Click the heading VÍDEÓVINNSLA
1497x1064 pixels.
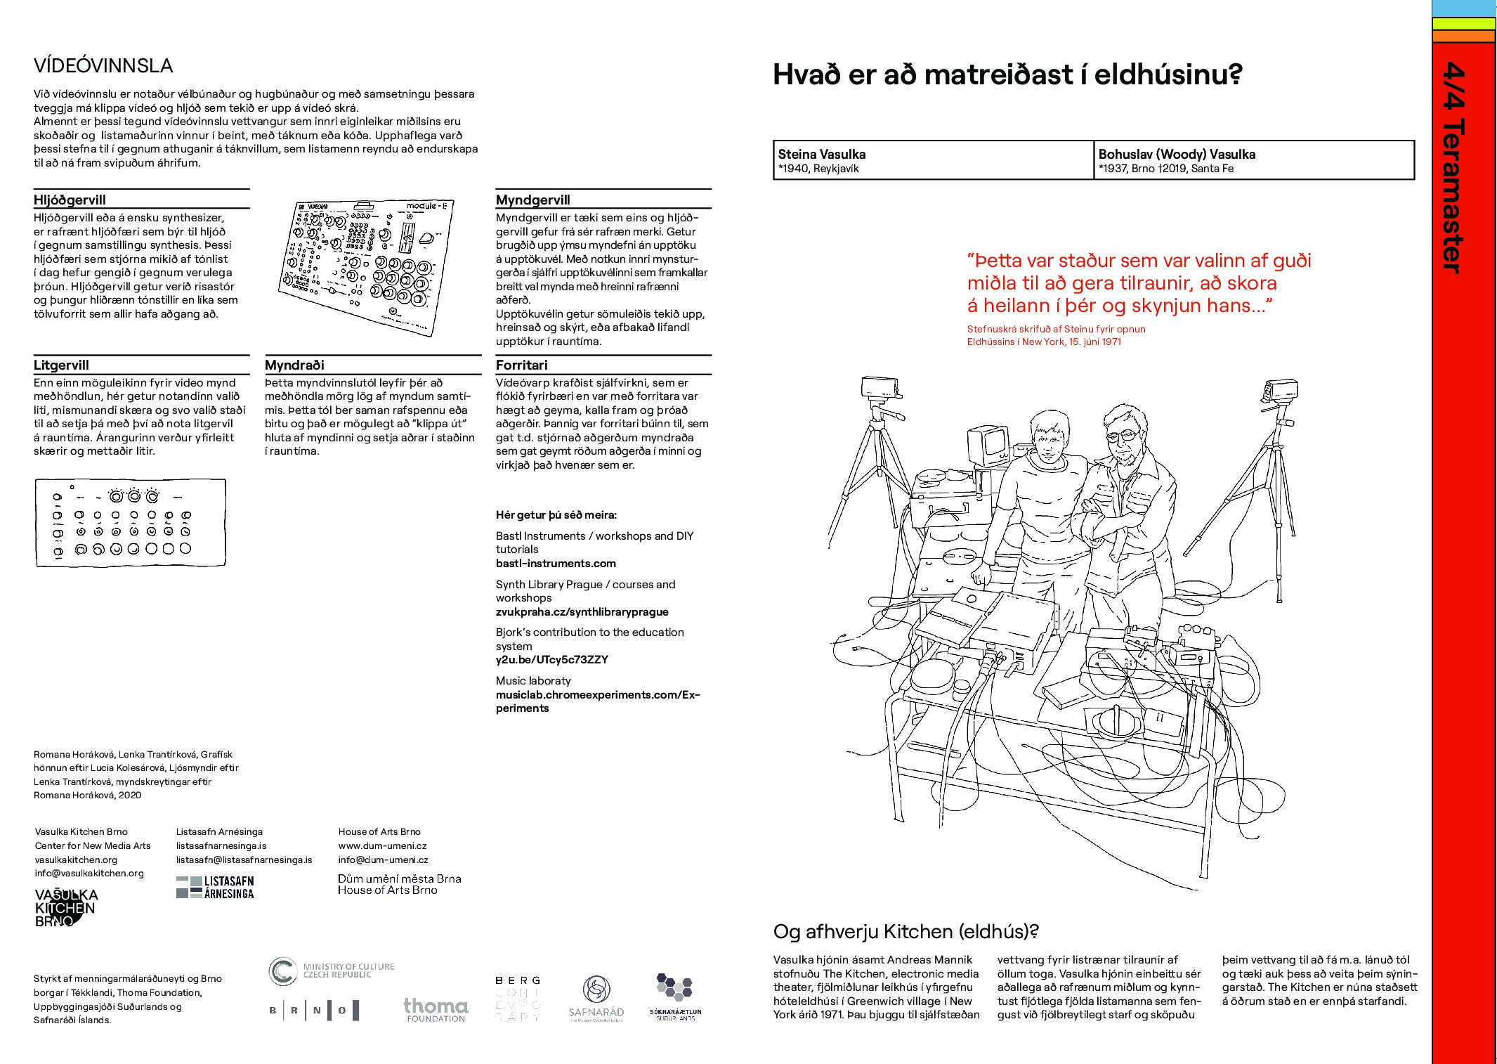(103, 66)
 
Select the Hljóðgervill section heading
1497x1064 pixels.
(70, 200)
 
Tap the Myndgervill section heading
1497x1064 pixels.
(532, 200)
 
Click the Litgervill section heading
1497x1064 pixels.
(61, 365)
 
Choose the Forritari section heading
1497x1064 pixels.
(521, 365)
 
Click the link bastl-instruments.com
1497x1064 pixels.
(556, 563)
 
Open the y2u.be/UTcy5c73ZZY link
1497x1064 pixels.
(551, 659)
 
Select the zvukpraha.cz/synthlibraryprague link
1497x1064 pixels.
(582, 611)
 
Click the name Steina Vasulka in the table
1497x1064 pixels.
(821, 154)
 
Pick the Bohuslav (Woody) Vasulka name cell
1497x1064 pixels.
(1176, 154)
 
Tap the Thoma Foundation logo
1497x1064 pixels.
(436, 1009)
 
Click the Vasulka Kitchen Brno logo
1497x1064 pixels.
(66, 907)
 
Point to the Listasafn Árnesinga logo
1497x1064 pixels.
(215, 887)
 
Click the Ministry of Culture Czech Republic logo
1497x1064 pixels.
(331, 971)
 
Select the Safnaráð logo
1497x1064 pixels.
(596, 998)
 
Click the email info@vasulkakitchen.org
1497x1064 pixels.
(89, 873)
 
